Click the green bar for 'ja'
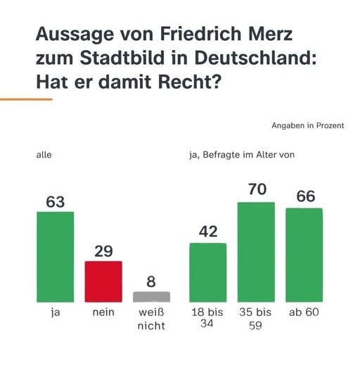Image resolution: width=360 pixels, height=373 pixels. coord(55,257)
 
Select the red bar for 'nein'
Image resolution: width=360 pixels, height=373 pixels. coord(103,282)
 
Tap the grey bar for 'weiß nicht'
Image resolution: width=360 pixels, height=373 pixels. coord(152,297)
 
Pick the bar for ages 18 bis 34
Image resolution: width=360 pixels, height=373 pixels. coord(208,272)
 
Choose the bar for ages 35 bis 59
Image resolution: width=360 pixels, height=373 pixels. coord(256,252)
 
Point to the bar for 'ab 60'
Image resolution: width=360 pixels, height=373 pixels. coord(304,255)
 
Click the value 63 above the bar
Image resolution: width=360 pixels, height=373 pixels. coord(55,202)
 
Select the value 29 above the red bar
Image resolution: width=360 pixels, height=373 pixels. coord(103,251)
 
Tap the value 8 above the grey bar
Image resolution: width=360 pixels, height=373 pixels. coord(151,282)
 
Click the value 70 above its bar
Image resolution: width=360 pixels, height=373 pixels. coord(256,191)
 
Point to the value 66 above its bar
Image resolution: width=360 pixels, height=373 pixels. coord(304,196)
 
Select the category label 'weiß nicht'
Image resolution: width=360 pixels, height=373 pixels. coord(151,319)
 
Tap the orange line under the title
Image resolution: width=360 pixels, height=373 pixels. coord(26,99)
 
